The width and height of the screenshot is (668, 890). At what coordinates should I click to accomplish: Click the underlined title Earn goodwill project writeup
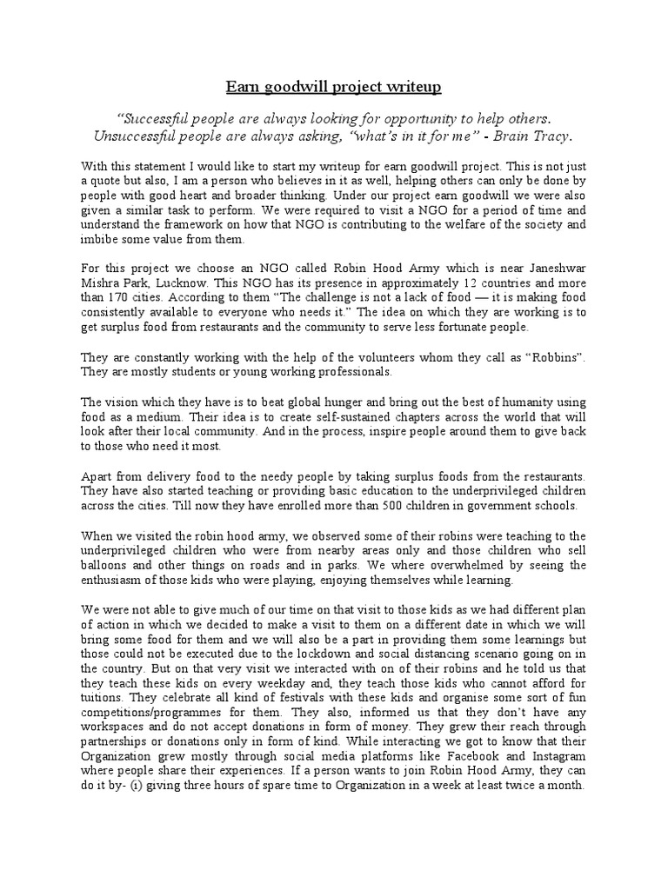tap(334, 88)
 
